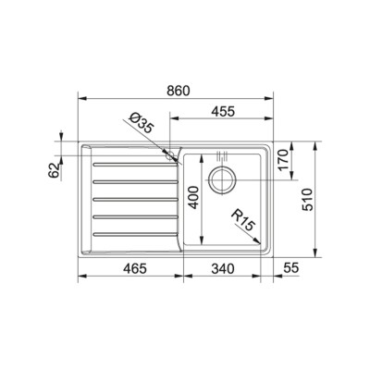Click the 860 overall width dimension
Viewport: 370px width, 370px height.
coord(178,91)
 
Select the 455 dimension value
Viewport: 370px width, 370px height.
coord(223,112)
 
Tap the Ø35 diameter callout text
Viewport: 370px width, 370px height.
coord(142,123)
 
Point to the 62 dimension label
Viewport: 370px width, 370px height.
coord(54,170)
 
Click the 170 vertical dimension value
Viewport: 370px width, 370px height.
coord(283,159)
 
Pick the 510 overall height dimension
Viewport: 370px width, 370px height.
coord(307,200)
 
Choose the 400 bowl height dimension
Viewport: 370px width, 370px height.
coord(193,197)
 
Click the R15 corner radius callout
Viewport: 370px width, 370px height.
coord(243,220)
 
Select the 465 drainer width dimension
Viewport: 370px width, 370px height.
coord(134,269)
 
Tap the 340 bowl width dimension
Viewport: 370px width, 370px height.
coord(223,269)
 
